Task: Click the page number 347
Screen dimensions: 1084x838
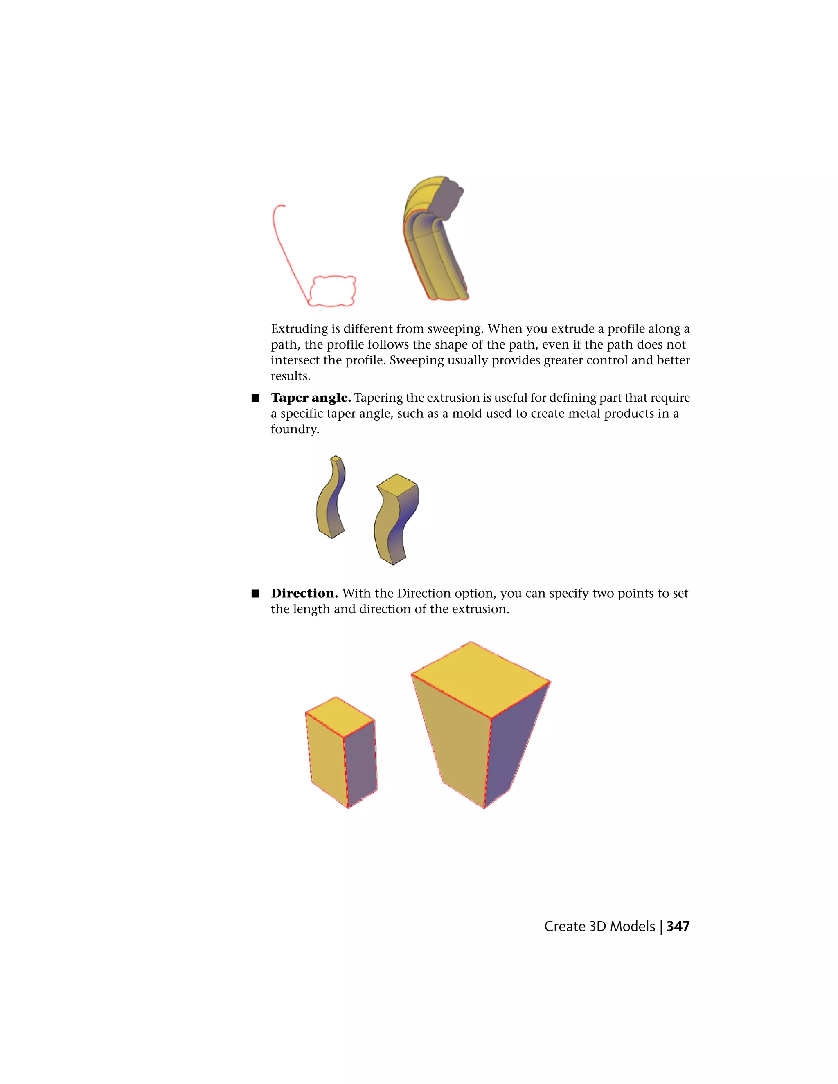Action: click(x=678, y=927)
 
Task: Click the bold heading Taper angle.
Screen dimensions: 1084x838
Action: click(x=311, y=398)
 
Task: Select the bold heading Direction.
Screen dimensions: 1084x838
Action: click(x=304, y=594)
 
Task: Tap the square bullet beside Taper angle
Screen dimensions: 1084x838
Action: click(x=256, y=398)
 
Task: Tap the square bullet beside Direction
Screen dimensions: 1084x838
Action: click(x=256, y=594)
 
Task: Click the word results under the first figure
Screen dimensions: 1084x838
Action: click(x=290, y=376)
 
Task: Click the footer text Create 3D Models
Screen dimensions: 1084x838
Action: click(x=599, y=927)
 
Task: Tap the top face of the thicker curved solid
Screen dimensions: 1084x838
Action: click(x=397, y=484)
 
